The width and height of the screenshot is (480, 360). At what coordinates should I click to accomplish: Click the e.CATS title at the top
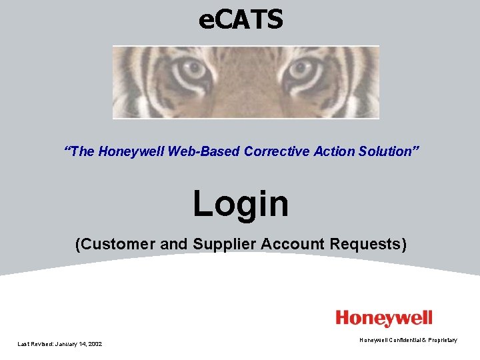[x=241, y=19]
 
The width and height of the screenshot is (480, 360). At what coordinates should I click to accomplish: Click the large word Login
[x=241, y=203]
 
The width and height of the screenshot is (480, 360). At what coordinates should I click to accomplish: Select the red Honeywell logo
[x=383, y=319]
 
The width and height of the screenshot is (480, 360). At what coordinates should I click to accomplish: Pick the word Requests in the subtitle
[x=369, y=244]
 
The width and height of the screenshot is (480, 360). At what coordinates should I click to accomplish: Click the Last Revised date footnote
[x=59, y=343]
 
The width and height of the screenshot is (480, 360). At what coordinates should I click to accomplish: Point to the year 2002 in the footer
[x=94, y=343]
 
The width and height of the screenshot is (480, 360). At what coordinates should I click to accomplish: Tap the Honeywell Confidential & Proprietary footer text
[x=408, y=340]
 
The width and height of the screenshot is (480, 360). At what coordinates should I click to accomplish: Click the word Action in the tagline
[x=327, y=151]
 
